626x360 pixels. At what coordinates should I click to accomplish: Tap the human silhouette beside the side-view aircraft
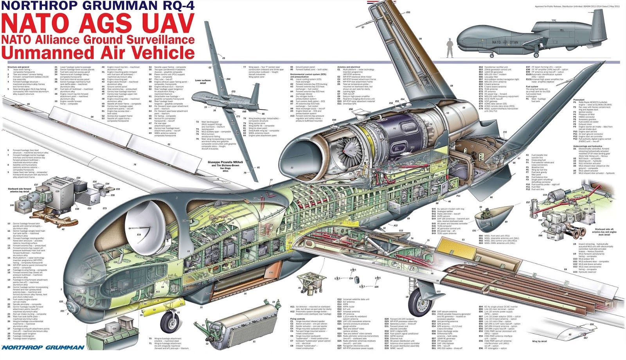450,47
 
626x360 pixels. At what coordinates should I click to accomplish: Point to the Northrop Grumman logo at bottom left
43,347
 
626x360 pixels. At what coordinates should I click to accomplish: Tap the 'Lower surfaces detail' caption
203,81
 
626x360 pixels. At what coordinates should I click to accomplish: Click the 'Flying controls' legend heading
298,319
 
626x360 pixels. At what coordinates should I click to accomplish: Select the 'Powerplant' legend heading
579,100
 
